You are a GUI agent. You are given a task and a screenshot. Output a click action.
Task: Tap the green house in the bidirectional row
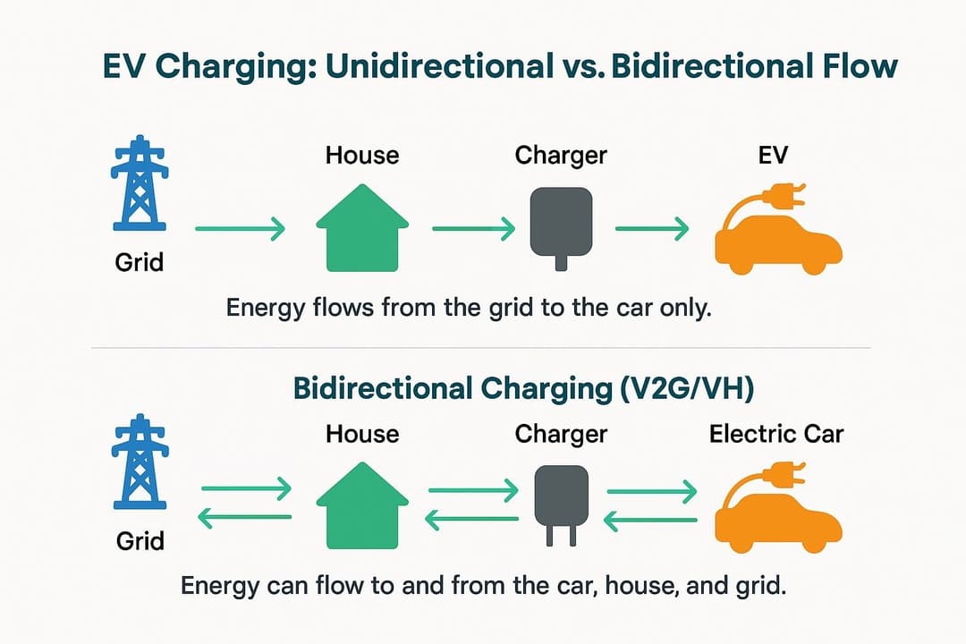[362, 505]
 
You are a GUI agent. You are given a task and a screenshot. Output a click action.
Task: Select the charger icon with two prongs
[560, 504]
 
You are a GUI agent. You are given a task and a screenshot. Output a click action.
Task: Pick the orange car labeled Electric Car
[776, 514]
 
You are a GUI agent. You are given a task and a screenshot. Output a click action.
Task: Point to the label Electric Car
[776, 435]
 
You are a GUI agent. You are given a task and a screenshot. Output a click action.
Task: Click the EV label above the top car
[773, 155]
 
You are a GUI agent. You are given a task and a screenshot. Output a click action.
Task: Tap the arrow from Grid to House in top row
[239, 230]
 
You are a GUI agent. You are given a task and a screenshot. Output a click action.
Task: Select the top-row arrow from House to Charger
[473, 230]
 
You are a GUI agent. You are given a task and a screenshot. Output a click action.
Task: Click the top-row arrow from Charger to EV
[652, 230]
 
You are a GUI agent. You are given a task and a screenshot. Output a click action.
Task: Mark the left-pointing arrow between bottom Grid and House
[244, 517]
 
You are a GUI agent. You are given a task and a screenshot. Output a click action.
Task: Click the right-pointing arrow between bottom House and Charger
[473, 490]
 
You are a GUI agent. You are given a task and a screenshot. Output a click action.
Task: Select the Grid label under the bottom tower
[140, 541]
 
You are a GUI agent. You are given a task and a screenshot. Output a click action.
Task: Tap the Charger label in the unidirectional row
[561, 155]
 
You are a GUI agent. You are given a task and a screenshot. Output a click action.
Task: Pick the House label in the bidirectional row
[362, 435]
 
